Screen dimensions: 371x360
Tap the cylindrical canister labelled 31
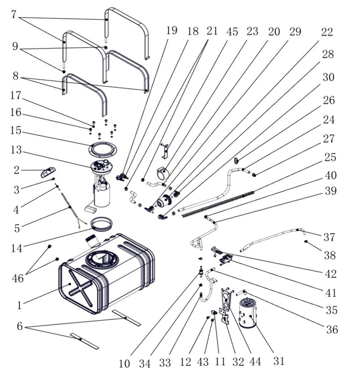click(249, 313)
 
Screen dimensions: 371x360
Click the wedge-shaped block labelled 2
click(48, 172)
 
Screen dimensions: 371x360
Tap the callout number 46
click(18, 279)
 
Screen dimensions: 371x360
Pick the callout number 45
click(231, 32)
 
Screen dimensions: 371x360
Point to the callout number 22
click(327, 32)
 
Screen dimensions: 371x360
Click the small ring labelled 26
click(237, 160)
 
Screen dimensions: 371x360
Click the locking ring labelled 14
click(102, 223)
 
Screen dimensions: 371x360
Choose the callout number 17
click(16, 95)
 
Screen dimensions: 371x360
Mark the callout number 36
click(332, 329)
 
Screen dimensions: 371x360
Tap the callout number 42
click(331, 274)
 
